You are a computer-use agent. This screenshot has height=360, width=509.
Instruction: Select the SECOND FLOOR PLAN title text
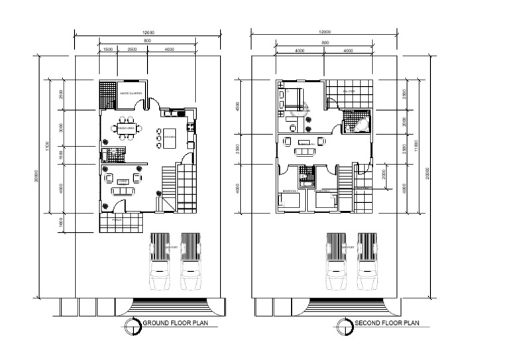pos(387,324)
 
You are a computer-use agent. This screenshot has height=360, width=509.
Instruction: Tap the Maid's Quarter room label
pos(131,93)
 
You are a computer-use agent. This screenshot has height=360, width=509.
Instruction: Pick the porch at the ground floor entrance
pos(120,222)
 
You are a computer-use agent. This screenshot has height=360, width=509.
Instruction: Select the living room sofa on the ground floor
pos(123,192)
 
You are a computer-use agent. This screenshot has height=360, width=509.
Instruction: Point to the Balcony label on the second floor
pos(349,91)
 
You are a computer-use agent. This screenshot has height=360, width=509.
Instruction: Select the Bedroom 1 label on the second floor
pos(290,191)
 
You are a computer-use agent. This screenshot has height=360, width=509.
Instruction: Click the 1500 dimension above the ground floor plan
pos(108,50)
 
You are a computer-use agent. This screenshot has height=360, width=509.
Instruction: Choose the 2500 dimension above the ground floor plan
pos(132,50)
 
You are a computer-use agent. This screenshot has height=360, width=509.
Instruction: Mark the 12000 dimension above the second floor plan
pos(325,31)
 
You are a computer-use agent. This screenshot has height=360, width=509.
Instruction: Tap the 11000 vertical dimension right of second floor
pos(416,147)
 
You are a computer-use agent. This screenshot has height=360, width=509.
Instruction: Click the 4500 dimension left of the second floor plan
pos(237,106)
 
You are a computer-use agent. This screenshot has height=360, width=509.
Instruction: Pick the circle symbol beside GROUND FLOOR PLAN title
pos(136,325)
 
